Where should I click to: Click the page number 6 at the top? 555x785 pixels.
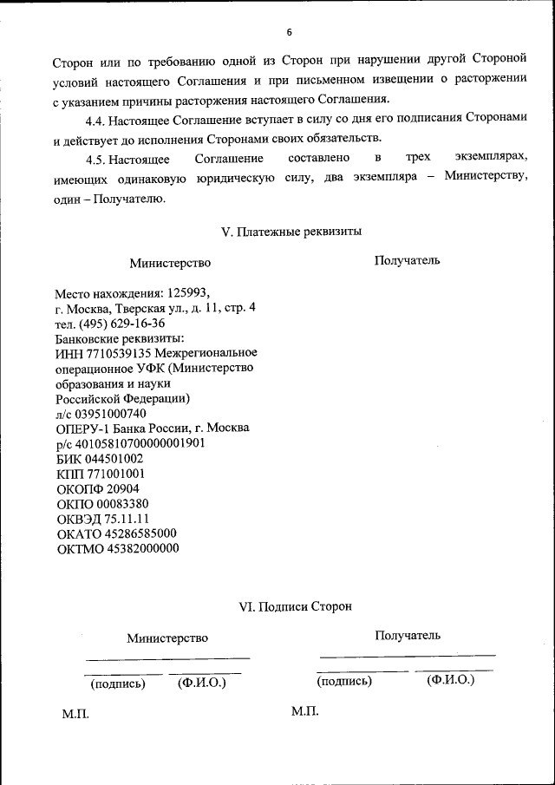click(x=289, y=32)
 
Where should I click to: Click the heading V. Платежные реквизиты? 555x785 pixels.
click(x=291, y=232)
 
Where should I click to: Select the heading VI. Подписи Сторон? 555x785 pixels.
click(x=295, y=607)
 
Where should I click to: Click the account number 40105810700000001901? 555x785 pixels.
click(x=140, y=442)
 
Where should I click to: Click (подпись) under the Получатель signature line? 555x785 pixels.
click(x=344, y=682)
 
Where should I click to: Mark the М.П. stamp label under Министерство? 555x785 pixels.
click(x=75, y=713)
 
